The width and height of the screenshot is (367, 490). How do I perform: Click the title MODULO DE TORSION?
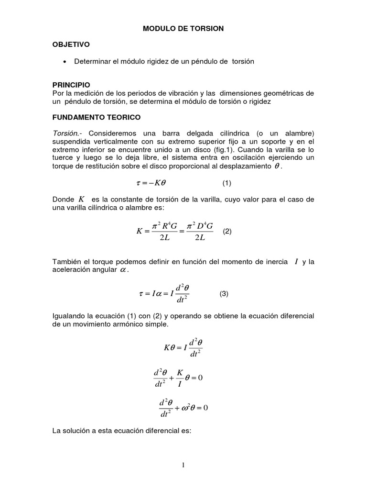183,29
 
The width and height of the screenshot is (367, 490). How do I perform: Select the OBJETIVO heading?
71,45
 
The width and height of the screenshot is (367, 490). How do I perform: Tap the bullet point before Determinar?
64,62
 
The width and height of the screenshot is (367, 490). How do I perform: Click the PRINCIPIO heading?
71,84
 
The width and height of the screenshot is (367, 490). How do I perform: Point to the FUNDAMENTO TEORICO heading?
97,117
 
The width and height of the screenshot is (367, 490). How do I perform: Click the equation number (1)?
227,183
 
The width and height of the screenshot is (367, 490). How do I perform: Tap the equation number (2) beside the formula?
227,231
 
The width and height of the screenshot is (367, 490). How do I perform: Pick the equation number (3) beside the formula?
224,294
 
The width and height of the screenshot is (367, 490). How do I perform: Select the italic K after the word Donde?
81,199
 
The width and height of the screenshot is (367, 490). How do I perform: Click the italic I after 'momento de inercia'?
297,261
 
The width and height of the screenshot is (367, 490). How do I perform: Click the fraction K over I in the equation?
180,378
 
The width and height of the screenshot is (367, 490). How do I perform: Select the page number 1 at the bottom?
183,466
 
